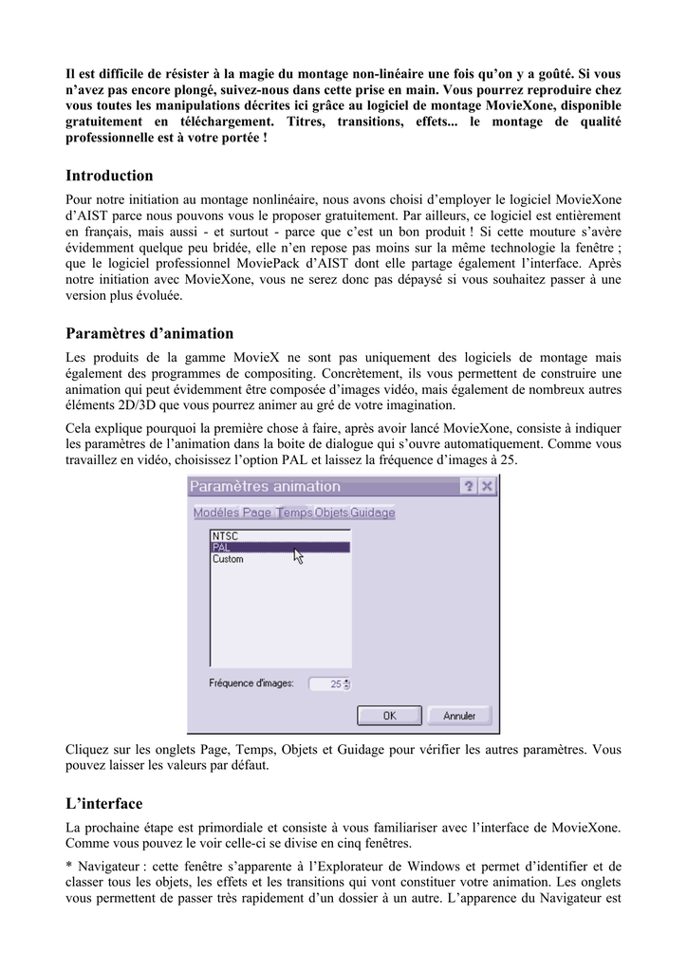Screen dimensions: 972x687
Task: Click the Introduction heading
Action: click(x=109, y=176)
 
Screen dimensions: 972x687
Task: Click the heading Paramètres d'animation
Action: click(x=149, y=333)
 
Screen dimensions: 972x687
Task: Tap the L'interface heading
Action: click(x=104, y=803)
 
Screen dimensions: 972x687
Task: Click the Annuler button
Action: click(x=459, y=716)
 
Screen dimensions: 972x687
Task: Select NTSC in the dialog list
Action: click(x=225, y=535)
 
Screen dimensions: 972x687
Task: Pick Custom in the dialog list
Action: click(x=228, y=559)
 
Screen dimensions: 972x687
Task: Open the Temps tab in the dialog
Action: click(x=294, y=513)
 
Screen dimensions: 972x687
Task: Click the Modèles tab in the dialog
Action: click(x=216, y=513)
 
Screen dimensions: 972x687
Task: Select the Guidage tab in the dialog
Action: click(x=373, y=513)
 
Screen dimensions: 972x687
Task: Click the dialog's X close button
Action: click(x=487, y=486)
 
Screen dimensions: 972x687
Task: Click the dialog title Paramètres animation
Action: click(x=265, y=486)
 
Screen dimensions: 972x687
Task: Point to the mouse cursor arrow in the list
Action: click(x=298, y=554)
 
